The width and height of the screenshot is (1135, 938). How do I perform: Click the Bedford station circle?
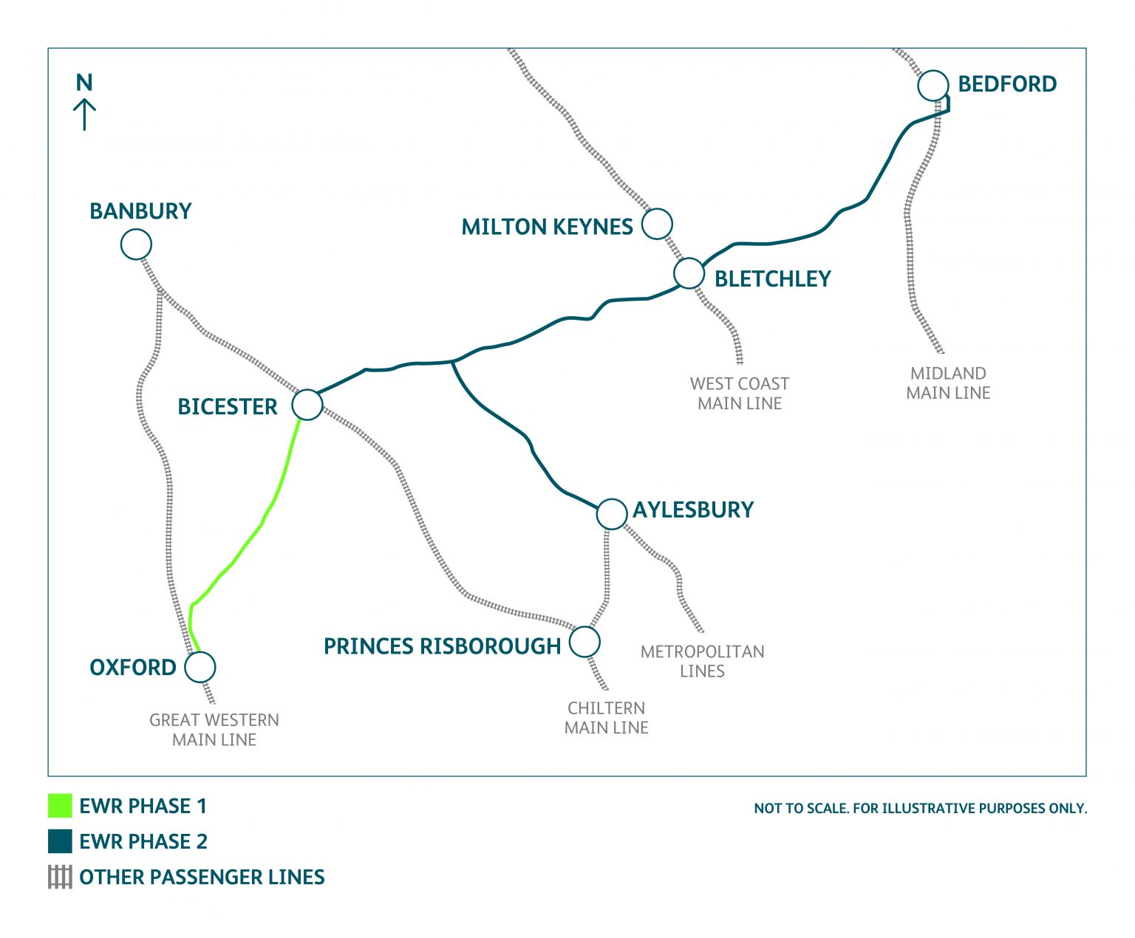pos(933,86)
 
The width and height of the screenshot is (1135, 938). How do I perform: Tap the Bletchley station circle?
pos(689,273)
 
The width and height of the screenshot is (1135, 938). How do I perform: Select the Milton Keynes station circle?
pos(657,223)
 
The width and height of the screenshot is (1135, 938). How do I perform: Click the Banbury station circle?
pos(136,244)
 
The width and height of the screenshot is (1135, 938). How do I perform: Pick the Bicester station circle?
pos(307,405)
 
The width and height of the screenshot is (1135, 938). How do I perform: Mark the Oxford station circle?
pos(200,667)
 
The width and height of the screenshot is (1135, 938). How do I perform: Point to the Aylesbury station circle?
pos(612,514)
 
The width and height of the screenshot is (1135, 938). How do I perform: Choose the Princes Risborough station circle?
pos(584,642)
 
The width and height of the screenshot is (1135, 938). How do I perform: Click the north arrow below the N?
pos(84,114)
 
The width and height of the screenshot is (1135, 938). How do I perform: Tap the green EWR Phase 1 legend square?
pos(60,806)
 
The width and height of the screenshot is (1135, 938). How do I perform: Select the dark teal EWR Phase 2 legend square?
pos(60,841)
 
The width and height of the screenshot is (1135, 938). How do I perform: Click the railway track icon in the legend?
pos(60,877)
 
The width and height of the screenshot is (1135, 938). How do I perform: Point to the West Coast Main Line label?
pos(740,394)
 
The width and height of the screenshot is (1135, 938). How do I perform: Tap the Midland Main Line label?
pos(948,383)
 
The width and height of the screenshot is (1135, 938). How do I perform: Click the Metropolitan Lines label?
pos(702,661)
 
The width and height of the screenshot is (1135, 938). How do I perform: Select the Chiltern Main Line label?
pos(606,718)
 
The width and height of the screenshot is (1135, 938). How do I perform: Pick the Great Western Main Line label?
pos(214,730)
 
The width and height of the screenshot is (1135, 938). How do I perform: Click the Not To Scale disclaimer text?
pos(920,809)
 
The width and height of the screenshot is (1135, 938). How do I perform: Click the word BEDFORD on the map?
pos(1007,84)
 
